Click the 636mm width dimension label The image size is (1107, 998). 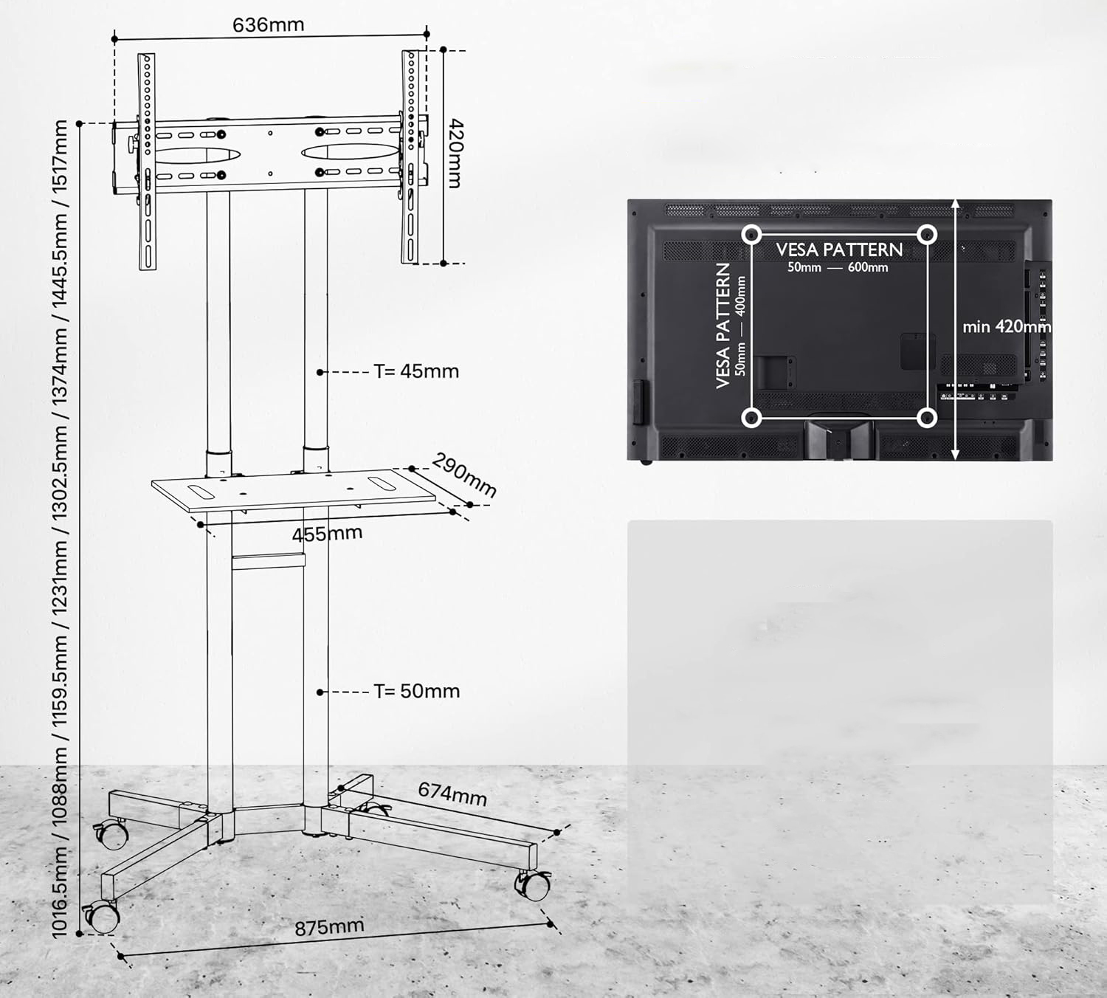tap(268, 25)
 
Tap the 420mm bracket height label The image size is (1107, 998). tap(455, 153)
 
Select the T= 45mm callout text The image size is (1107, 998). tap(416, 371)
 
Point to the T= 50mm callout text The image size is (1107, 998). tap(417, 691)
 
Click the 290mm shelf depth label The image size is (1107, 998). tap(463, 475)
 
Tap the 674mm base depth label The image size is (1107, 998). tap(452, 794)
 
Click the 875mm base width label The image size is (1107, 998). tap(329, 928)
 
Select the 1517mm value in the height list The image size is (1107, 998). tap(60, 156)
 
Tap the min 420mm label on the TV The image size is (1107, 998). tap(1007, 327)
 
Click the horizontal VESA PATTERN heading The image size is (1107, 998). tap(839, 250)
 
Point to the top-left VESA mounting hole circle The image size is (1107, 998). tap(751, 235)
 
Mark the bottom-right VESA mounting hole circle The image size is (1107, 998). tap(927, 417)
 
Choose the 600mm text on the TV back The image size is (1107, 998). tap(868, 268)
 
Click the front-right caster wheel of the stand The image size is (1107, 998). tap(534, 885)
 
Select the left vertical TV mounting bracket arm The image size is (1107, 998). tap(147, 162)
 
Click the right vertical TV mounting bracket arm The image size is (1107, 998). tap(410, 156)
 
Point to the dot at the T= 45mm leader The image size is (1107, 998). tap(320, 373)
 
